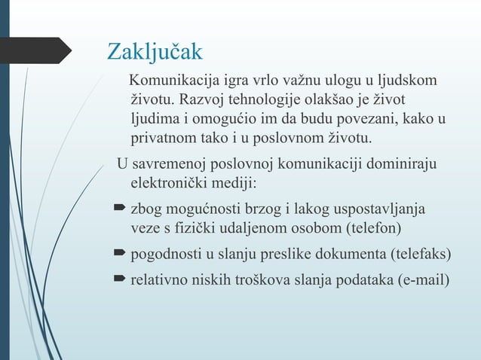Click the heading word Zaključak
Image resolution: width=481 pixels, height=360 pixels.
(x=155, y=51)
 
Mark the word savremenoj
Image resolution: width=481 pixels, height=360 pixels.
(x=169, y=164)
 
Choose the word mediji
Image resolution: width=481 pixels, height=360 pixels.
(x=234, y=184)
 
